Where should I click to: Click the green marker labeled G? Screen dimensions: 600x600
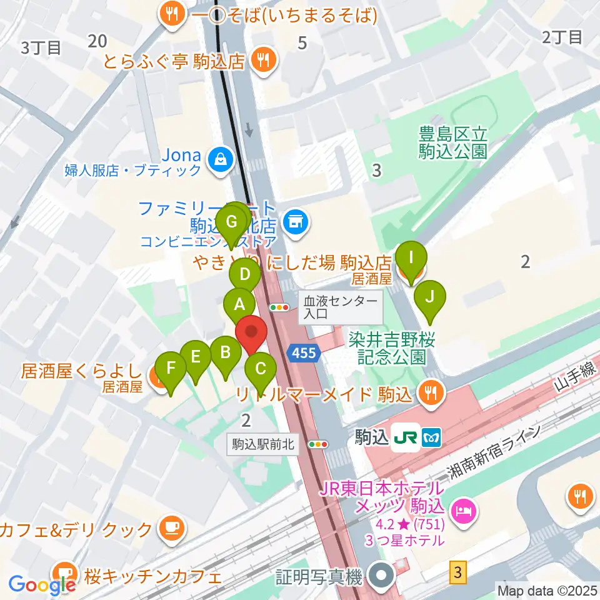[x=231, y=222]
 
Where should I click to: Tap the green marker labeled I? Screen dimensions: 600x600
[x=411, y=258]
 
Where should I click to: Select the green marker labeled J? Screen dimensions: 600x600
[x=429, y=297]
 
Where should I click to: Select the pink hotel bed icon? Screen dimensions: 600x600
[x=466, y=511]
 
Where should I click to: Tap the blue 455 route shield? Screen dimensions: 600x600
[x=304, y=354]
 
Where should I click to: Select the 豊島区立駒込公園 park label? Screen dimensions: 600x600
[x=453, y=142]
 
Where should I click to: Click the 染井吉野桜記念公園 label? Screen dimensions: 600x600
[x=392, y=348]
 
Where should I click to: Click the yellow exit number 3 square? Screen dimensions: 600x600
[x=458, y=571]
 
